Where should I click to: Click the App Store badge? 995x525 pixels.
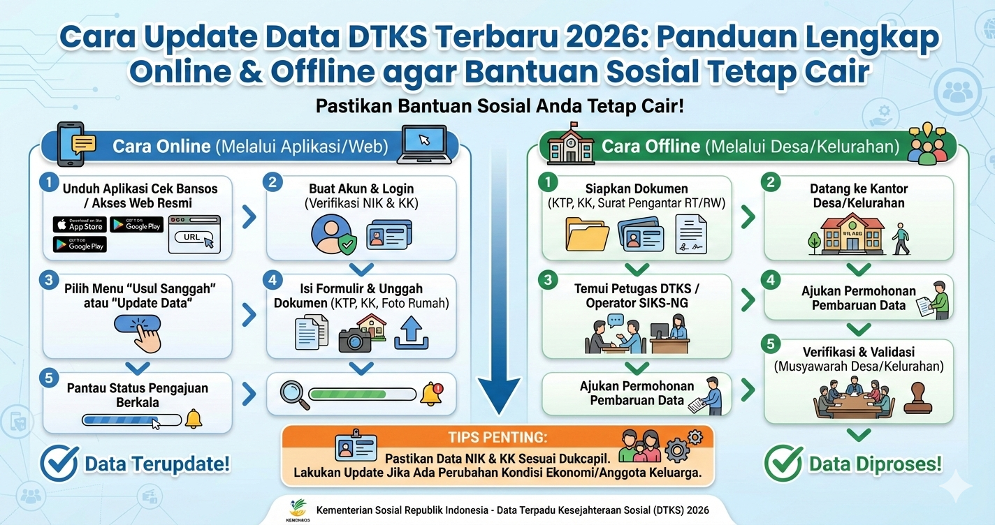(x=80, y=224)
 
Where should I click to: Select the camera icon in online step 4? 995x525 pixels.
(x=355, y=339)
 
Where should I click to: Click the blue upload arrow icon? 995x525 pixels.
(x=411, y=332)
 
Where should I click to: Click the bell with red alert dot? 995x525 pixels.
(x=431, y=394)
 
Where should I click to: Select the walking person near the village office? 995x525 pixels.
(x=901, y=239)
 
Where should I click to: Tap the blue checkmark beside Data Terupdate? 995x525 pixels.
(x=59, y=463)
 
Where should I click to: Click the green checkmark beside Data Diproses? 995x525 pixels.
(x=783, y=463)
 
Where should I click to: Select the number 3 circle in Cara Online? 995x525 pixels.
(x=48, y=281)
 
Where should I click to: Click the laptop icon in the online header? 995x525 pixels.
(x=423, y=144)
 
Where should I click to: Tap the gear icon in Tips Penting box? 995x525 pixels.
(x=678, y=448)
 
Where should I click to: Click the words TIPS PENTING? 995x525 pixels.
(x=497, y=438)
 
